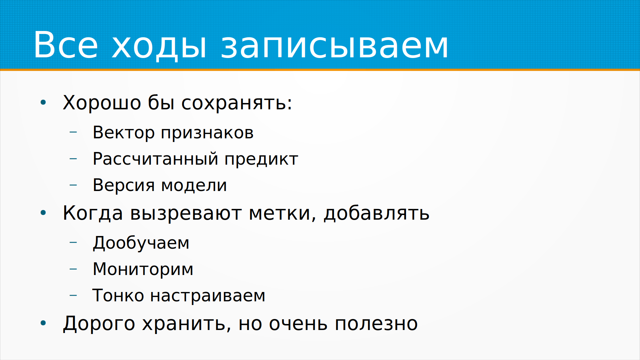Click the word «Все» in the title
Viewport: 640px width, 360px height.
click(66, 45)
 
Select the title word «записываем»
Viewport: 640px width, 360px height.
click(334, 46)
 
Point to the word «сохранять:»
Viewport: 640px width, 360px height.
click(237, 103)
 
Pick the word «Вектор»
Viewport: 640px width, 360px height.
click(123, 132)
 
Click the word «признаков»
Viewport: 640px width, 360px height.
click(207, 133)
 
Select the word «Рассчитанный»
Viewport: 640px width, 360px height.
click(156, 159)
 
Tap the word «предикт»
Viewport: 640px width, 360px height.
click(261, 159)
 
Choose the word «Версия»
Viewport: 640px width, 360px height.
click(123, 185)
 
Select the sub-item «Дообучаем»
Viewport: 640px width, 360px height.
click(141, 243)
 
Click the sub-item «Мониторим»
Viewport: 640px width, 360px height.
click(143, 269)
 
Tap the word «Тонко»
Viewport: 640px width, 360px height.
click(118, 295)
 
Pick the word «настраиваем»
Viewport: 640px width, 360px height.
click(208, 296)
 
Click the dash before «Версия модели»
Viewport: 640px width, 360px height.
click(73, 185)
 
